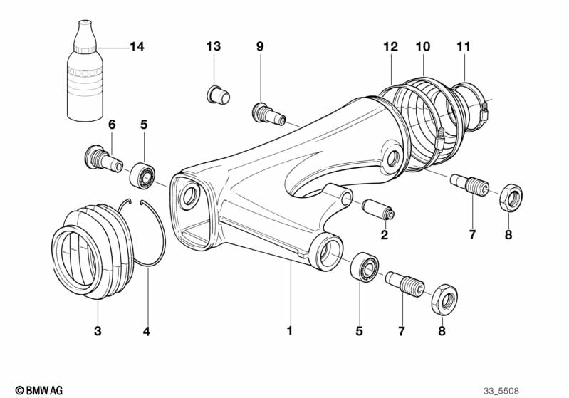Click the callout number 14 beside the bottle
click(137, 47)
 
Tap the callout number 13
click(214, 46)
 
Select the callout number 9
click(260, 46)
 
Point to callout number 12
click(391, 46)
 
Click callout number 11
click(464, 46)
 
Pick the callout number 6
click(112, 125)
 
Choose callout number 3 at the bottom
click(98, 331)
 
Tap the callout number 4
click(146, 331)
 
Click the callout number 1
click(289, 331)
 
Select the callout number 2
click(385, 235)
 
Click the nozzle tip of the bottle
click(85, 23)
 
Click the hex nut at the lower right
click(444, 300)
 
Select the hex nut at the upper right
click(511, 197)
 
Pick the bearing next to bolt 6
click(142, 176)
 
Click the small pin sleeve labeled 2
click(378, 209)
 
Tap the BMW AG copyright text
click(39, 390)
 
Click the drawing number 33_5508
click(501, 391)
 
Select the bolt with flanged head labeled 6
click(103, 159)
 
